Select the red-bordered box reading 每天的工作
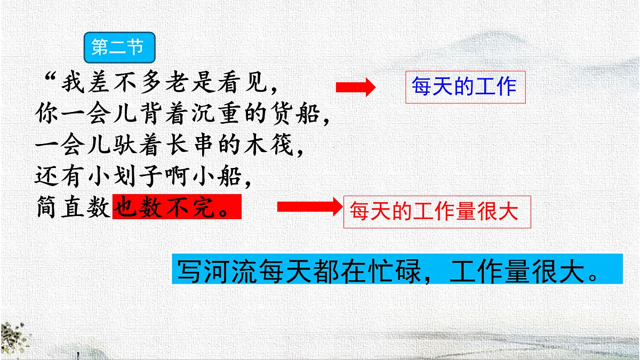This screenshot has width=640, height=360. [465, 87]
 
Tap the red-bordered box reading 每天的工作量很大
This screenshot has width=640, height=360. [437, 212]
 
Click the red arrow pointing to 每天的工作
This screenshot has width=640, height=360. [355, 88]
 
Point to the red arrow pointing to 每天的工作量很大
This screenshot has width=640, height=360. [308, 206]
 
